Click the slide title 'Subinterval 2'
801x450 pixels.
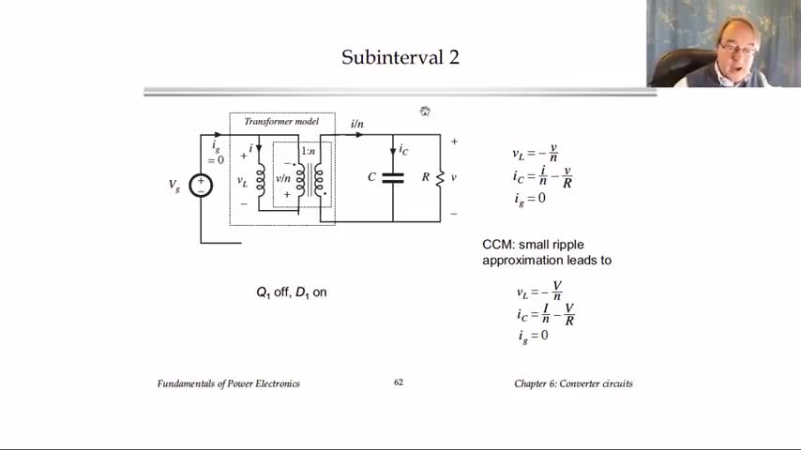click(x=400, y=58)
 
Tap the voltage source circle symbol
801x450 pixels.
click(x=201, y=186)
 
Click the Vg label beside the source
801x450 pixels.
click(x=174, y=186)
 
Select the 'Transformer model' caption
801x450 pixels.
click(x=281, y=122)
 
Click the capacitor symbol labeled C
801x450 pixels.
click(x=393, y=177)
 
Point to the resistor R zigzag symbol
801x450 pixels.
click(x=440, y=177)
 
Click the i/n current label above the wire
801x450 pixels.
click(x=356, y=124)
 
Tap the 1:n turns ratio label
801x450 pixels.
click(x=308, y=151)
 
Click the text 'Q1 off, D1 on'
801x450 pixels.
click(x=292, y=292)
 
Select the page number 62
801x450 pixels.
click(x=399, y=382)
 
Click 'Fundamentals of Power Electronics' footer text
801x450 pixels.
click(x=229, y=383)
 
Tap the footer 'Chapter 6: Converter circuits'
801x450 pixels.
click(x=573, y=383)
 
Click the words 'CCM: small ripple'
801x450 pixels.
click(x=533, y=245)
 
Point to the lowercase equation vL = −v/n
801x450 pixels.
click(x=536, y=154)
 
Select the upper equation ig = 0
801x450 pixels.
click(x=529, y=198)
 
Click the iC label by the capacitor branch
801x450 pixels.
click(x=403, y=149)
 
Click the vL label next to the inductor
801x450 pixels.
click(x=242, y=182)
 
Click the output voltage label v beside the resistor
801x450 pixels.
click(x=454, y=177)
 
